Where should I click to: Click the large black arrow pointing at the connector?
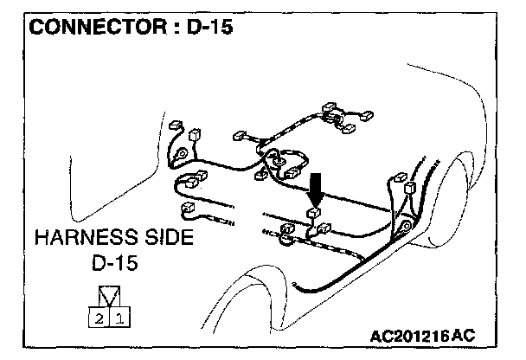pos(317,187)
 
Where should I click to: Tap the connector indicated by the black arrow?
pos(315,211)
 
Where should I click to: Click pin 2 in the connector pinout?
pos(99,319)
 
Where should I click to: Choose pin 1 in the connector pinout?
pos(119,319)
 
